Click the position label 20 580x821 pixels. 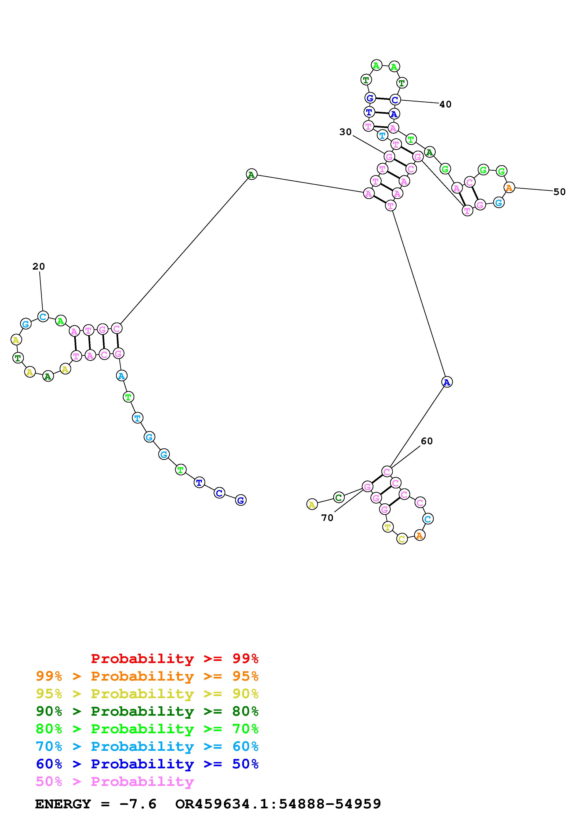pyautogui.click(x=39, y=266)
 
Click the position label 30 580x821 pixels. pyautogui.click(x=345, y=132)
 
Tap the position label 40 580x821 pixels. pyautogui.click(x=445, y=104)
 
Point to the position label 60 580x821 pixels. pyautogui.click(x=427, y=441)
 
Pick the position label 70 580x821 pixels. pyautogui.click(x=327, y=518)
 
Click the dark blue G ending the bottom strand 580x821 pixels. pyautogui.click(x=241, y=500)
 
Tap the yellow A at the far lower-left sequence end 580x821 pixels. pyautogui.click(x=312, y=505)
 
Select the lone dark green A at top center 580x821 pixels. pyautogui.click(x=252, y=175)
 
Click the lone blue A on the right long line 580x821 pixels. pyautogui.click(x=447, y=382)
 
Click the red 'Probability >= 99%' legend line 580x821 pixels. pyautogui.click(x=175, y=659)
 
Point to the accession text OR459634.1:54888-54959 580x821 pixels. pyautogui.click(x=278, y=804)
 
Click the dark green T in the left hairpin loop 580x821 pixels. pyautogui.click(x=18, y=358)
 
